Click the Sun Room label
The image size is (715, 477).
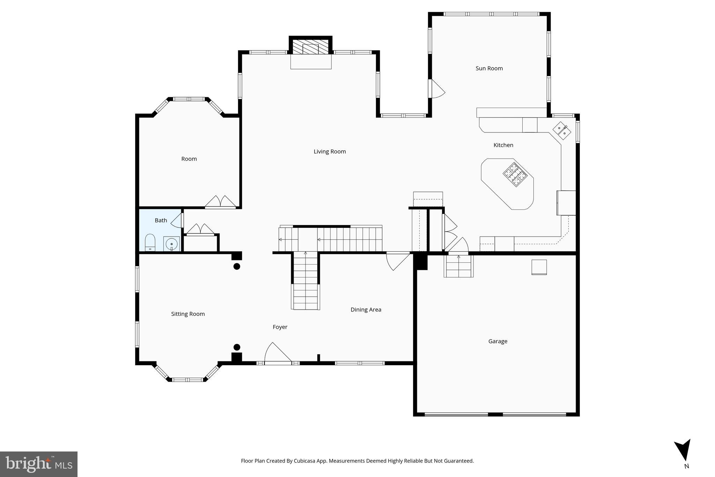coord(489,68)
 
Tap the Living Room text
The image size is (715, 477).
coord(330,152)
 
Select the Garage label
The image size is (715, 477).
coord(497,341)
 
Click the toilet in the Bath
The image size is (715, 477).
coord(150,243)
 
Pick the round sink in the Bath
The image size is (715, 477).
coord(171,244)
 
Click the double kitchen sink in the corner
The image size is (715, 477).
coord(562,130)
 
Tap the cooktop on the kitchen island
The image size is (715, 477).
coord(515,174)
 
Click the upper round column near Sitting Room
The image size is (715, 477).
coord(237,267)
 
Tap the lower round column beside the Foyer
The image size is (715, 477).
coord(237,347)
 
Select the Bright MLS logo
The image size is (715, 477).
coord(39,464)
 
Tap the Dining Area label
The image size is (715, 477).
coord(366,310)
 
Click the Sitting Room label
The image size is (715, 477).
coord(188,314)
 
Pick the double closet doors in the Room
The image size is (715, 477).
coord(220,202)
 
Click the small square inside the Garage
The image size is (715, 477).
coord(539,267)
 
